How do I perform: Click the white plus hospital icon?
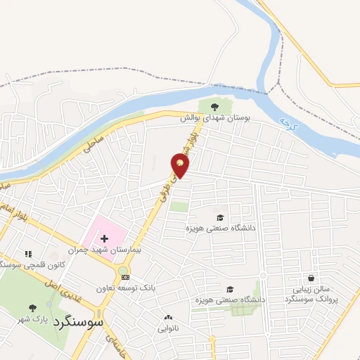[104, 239]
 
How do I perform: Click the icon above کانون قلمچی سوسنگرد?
[28, 253]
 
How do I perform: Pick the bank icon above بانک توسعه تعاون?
[125, 277]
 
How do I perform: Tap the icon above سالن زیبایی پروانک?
[311, 278]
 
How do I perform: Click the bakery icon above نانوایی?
[167, 317]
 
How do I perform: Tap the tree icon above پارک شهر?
[32, 307]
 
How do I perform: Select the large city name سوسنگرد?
[82, 323]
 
